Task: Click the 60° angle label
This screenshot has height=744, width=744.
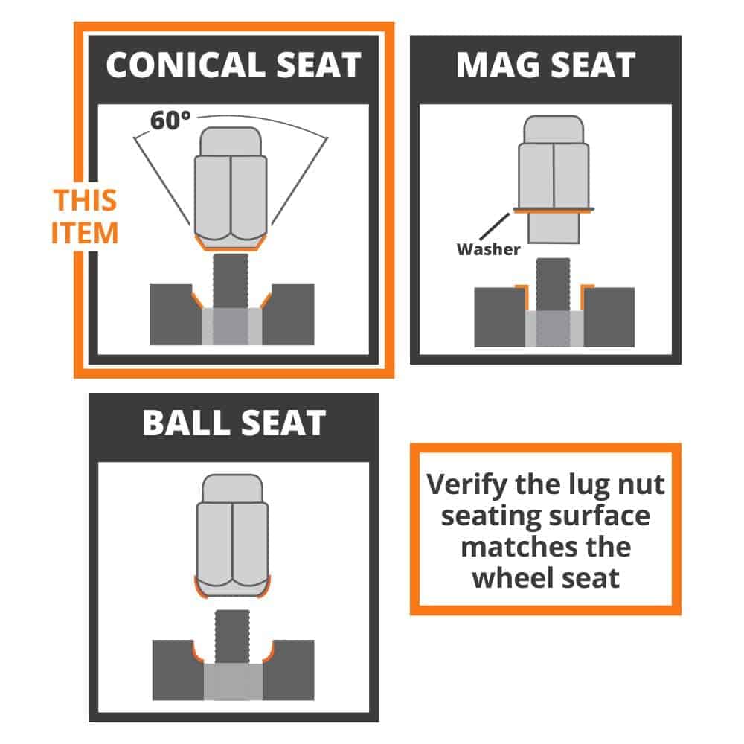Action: point(170,121)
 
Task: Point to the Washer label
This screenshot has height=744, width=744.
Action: point(488,249)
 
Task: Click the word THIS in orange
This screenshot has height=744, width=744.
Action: point(85,199)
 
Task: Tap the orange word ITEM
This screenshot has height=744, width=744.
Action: point(85,233)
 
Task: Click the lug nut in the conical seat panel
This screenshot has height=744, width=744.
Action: point(231,188)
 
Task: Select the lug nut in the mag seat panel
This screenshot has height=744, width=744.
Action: point(554,179)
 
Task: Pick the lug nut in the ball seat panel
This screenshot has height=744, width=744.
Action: point(232,535)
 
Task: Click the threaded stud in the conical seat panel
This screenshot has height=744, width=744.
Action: point(231,281)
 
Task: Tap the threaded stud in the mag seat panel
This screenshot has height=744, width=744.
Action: point(553,285)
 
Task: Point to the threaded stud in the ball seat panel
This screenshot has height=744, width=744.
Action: point(232,637)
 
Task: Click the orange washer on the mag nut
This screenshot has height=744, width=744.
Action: point(554,210)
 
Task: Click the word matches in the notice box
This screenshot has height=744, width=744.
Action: point(519,547)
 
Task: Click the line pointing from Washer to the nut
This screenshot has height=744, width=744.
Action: point(495,226)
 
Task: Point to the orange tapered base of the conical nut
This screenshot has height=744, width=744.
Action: point(231,243)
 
